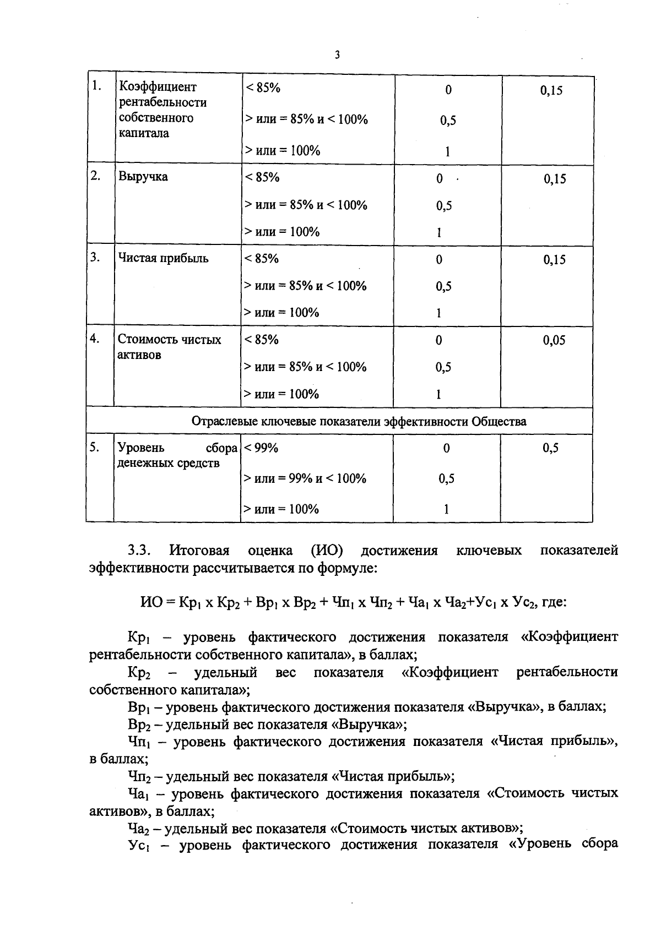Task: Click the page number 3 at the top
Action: (337, 55)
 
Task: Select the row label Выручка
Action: (143, 177)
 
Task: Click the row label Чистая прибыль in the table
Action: (163, 258)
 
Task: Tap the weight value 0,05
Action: (554, 340)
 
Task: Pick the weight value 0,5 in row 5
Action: (550, 448)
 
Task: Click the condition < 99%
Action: (261, 448)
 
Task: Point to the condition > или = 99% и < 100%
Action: (305, 478)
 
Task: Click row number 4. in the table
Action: (95, 339)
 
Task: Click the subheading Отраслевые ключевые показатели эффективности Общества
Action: (359, 422)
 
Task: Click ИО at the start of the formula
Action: (151, 602)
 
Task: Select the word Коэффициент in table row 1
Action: (158, 87)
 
